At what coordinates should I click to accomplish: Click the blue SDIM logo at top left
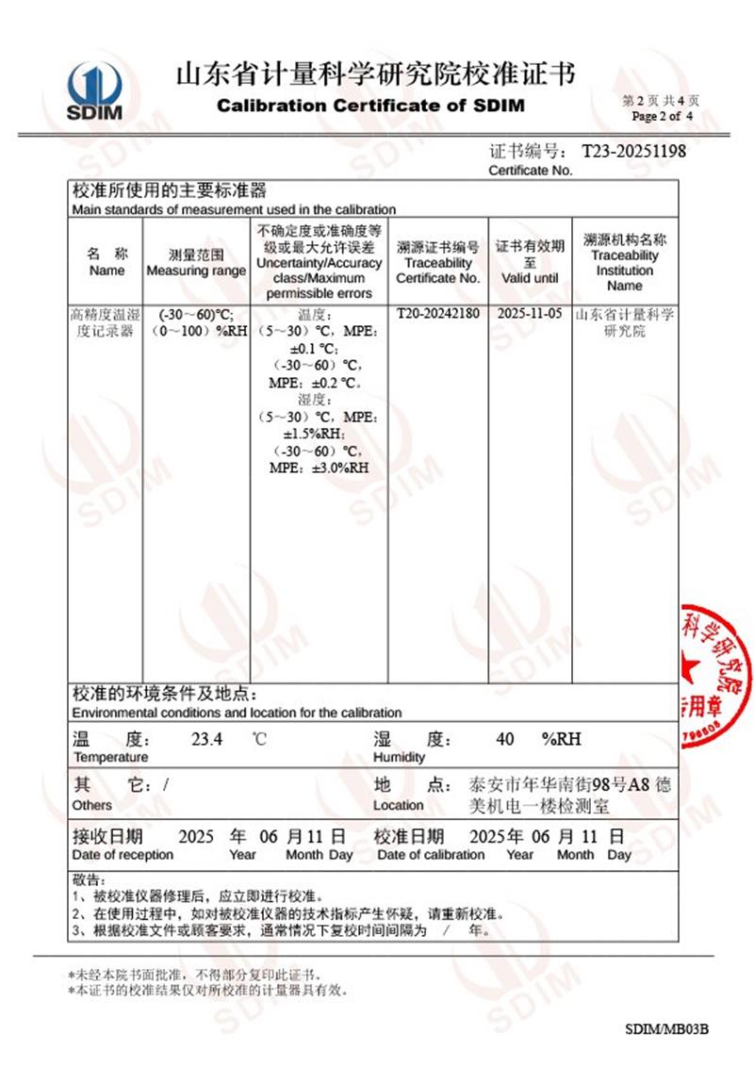coord(94,91)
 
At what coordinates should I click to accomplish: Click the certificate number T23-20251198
coord(633,151)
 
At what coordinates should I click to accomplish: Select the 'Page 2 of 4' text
coord(663,116)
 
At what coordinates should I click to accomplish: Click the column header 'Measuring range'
coord(196,271)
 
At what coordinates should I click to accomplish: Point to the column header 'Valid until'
coord(530,278)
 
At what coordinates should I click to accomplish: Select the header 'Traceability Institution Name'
coord(624,271)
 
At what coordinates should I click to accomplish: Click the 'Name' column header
coord(107,271)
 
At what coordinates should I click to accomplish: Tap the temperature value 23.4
coord(206,740)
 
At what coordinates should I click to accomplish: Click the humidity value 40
coord(505,740)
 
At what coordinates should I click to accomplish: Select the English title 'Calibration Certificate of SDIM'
coord(370,106)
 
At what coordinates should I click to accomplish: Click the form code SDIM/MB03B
coord(666,1027)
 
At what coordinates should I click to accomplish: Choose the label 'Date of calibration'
coord(431,855)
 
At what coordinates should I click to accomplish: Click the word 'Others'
coord(91,805)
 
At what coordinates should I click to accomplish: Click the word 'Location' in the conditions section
coord(398,805)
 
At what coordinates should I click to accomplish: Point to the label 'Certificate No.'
coord(530,171)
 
